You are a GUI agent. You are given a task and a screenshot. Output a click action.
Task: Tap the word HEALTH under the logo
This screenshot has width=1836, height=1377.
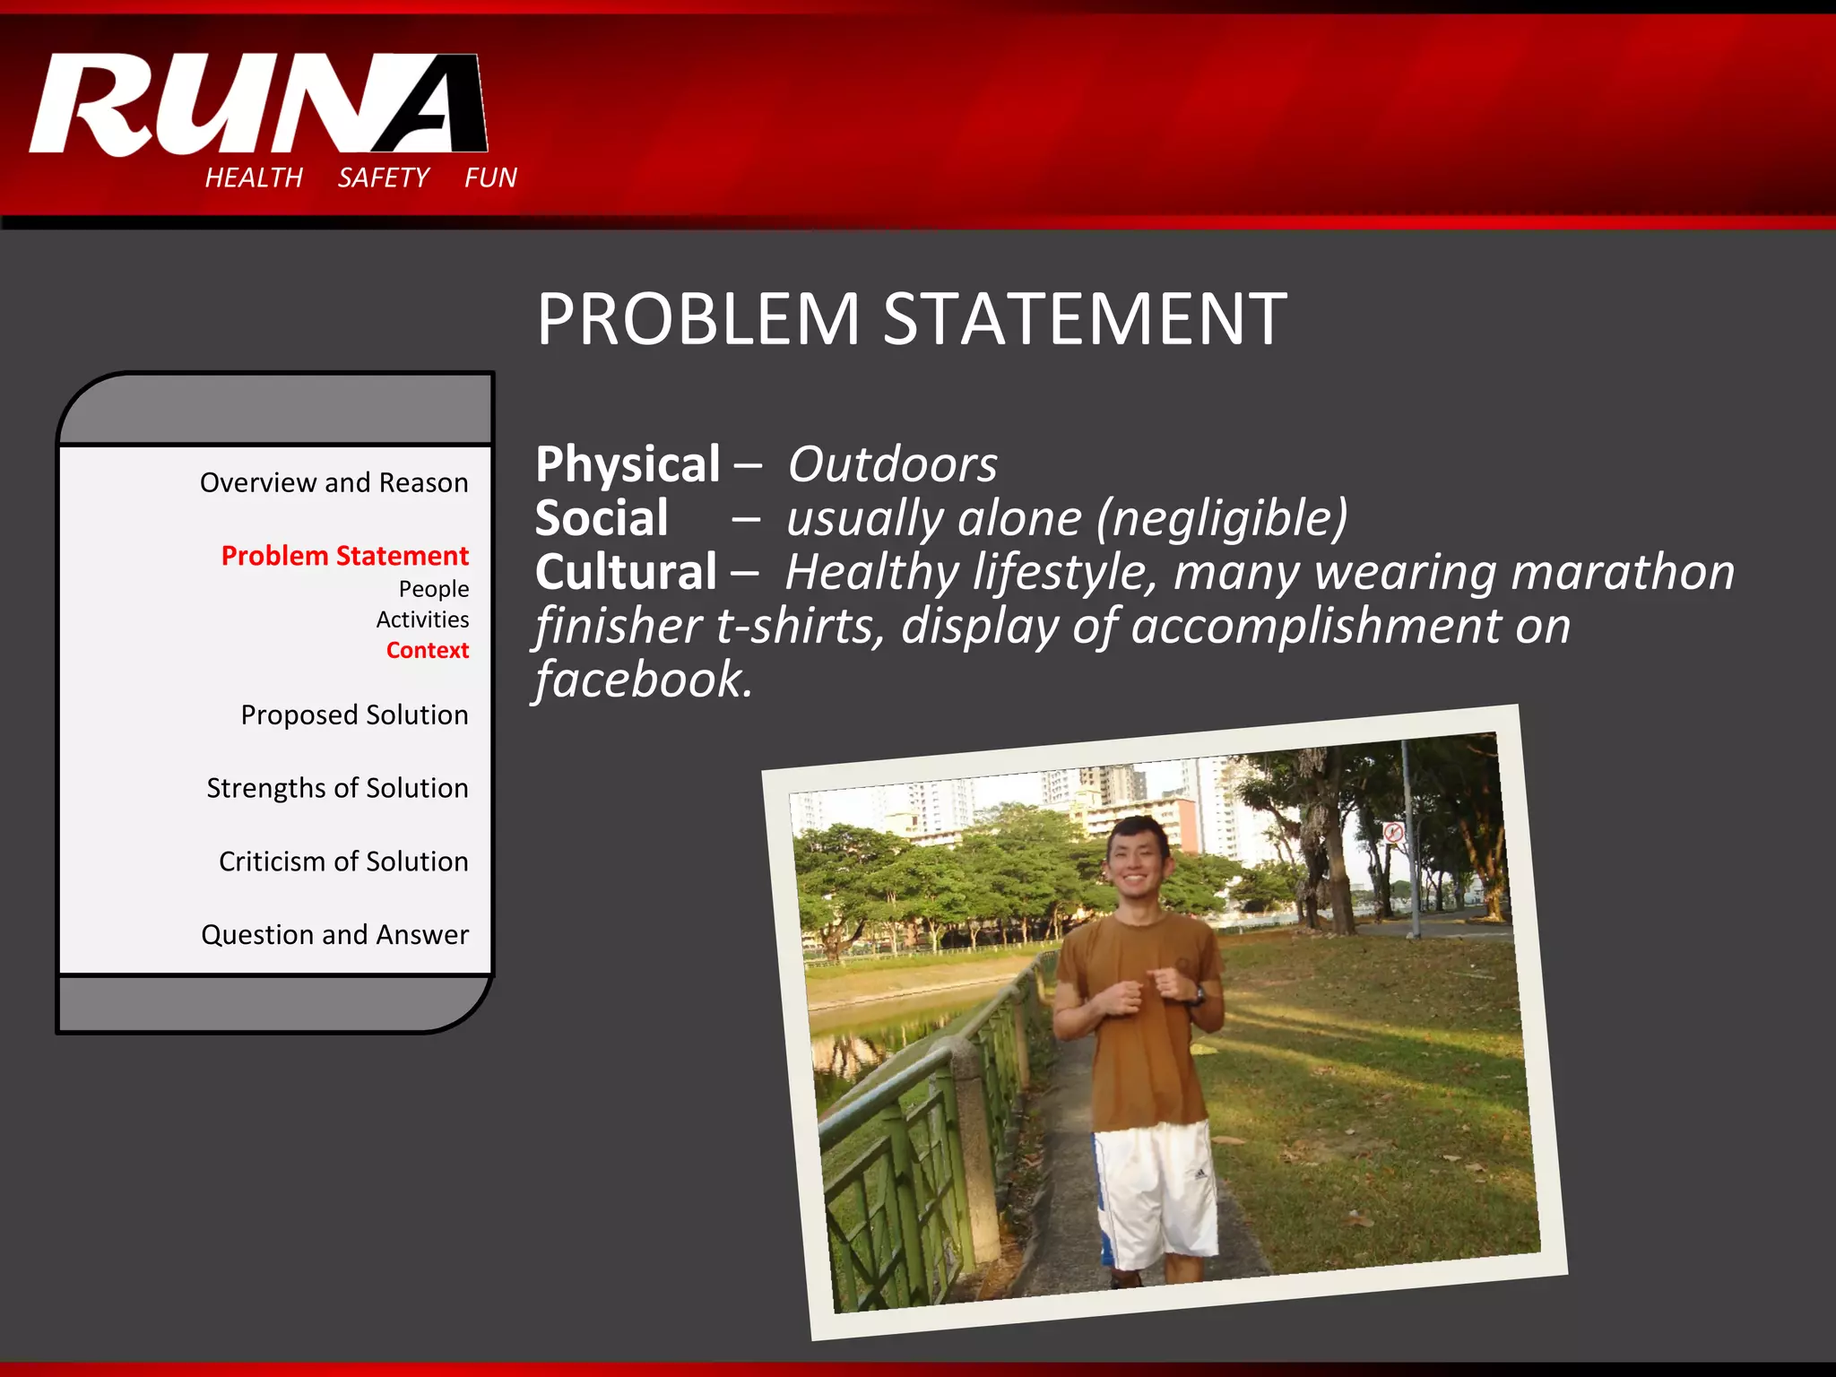click(x=254, y=178)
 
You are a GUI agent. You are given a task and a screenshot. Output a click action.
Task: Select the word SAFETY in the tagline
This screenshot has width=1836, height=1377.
click(x=384, y=178)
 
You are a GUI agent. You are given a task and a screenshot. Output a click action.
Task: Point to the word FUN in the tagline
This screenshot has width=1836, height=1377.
click(x=490, y=178)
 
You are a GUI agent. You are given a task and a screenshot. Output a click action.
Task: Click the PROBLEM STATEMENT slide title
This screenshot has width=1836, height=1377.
click(x=911, y=319)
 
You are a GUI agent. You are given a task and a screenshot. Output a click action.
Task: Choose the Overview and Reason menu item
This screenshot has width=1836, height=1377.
click(x=333, y=482)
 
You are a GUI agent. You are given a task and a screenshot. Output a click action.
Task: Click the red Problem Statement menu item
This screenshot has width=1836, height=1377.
click(x=344, y=556)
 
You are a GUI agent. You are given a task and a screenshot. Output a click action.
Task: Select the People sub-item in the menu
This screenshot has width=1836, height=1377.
click(x=434, y=589)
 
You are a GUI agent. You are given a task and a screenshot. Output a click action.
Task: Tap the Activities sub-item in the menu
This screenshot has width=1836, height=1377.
click(x=422, y=619)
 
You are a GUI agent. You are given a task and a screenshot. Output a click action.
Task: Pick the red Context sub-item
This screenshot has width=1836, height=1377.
click(x=427, y=650)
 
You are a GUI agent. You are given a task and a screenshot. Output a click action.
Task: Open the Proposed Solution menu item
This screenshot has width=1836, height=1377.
click(x=354, y=714)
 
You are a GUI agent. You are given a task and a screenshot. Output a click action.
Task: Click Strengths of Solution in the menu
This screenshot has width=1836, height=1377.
click(x=337, y=788)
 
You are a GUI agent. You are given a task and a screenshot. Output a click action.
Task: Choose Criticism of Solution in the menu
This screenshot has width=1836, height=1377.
click(x=343, y=862)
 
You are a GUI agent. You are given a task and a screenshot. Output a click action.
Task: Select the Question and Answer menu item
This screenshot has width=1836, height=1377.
click(x=334, y=935)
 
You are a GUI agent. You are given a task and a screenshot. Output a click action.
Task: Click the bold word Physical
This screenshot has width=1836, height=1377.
click(x=628, y=464)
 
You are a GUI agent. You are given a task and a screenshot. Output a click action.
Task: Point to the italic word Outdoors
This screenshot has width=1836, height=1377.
click(x=892, y=464)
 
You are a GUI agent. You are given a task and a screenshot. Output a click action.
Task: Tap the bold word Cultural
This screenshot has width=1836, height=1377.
click(x=626, y=572)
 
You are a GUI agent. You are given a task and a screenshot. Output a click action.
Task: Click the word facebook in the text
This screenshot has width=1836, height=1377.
click(x=643, y=680)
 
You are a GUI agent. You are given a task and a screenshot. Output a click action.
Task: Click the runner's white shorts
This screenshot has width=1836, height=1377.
click(x=1155, y=1192)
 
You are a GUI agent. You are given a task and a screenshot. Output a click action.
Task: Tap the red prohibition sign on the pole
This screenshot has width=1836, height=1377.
click(x=1392, y=832)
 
